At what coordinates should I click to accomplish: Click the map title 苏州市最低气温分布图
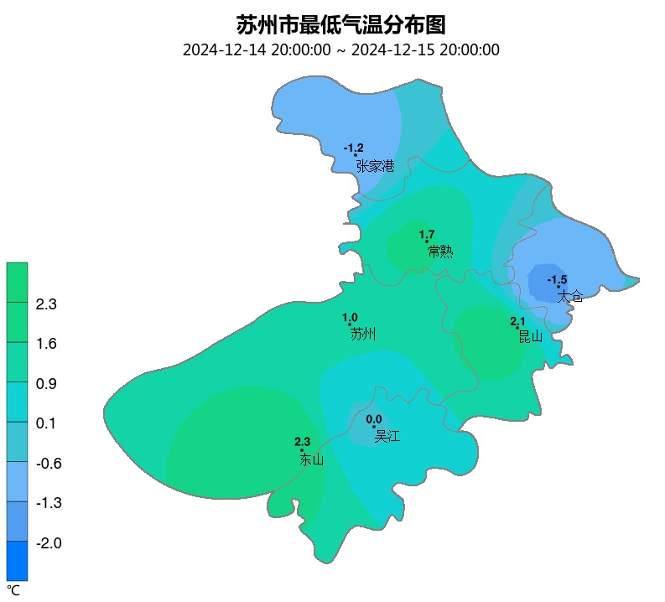tap(340, 23)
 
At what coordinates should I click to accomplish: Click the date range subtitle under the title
tap(340, 49)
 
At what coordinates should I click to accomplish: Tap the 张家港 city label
tap(375, 166)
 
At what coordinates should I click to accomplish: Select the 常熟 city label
tap(439, 251)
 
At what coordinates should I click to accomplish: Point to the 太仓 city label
tap(569, 296)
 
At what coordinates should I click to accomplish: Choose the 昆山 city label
tap(530, 336)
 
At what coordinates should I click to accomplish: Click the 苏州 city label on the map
tap(362, 334)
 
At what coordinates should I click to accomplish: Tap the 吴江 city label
tap(387, 436)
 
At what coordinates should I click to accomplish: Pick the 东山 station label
tap(311, 459)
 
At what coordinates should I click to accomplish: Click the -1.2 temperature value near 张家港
tap(353, 148)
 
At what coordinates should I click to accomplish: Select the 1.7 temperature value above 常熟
tap(426, 235)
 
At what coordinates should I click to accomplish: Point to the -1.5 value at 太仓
tap(557, 279)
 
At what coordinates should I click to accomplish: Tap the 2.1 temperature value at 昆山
tap(517, 321)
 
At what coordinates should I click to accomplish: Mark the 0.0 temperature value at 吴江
tap(374, 419)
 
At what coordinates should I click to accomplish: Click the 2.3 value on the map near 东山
tap(302, 442)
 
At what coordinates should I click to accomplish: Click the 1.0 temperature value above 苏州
tap(350, 318)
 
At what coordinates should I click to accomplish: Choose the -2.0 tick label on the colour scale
tap(47, 543)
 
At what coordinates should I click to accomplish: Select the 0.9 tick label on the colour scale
tap(45, 384)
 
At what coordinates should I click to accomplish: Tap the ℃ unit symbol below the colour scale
tap(13, 590)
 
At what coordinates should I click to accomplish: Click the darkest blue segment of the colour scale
tap(17, 561)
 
